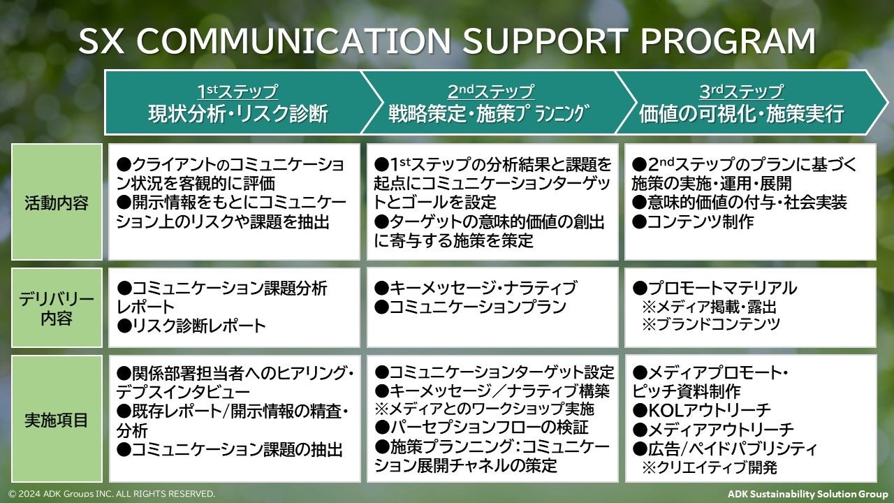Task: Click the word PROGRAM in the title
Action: coord(728,41)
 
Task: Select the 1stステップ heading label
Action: coord(237,92)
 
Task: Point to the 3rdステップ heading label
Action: coord(741,92)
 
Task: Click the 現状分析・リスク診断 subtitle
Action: coord(237,114)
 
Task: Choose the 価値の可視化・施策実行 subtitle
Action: coord(741,114)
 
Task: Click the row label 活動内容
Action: coord(57,203)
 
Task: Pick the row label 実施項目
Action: coord(57,420)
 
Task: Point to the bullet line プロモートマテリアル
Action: coord(715,288)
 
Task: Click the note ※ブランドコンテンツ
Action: coord(710,325)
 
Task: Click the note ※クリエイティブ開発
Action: coord(709,467)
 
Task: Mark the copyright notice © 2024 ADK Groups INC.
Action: coord(112,494)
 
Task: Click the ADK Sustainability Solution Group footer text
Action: coord(807,494)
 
